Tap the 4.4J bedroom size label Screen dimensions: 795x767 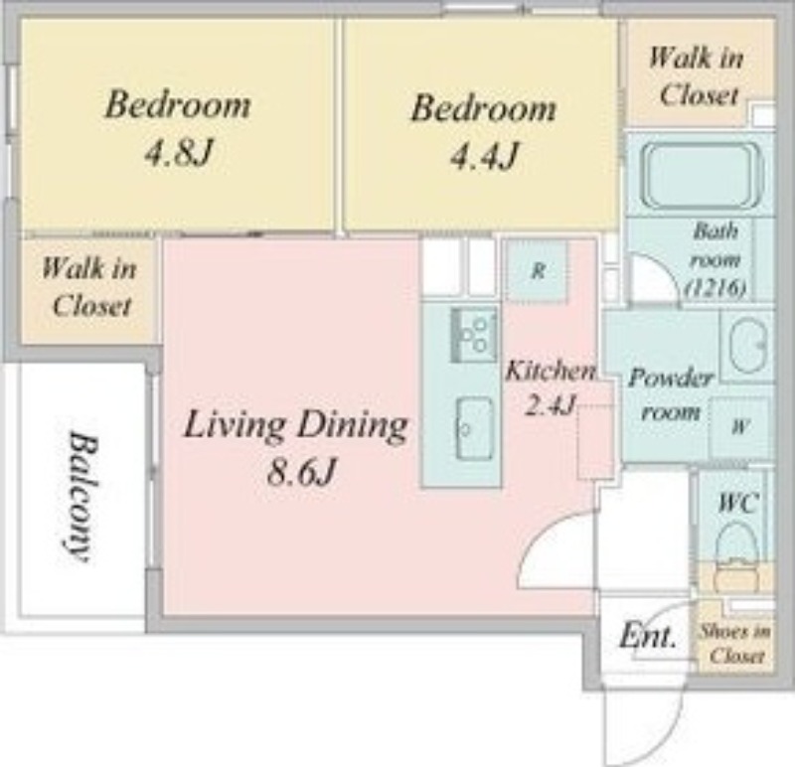(x=484, y=156)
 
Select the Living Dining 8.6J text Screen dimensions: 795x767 (x=295, y=447)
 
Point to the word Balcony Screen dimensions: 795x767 (x=81, y=497)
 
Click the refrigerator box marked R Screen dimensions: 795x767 (x=538, y=270)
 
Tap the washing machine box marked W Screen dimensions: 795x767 (x=739, y=426)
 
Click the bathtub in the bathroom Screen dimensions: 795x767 (x=704, y=176)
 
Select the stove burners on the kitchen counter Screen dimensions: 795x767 (x=474, y=334)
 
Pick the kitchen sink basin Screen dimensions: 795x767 (x=475, y=428)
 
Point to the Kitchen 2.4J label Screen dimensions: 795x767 (x=551, y=386)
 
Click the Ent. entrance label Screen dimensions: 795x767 (x=648, y=635)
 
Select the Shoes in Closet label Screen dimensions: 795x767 (x=735, y=644)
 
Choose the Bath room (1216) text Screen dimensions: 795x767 (x=715, y=259)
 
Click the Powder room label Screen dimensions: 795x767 (x=670, y=394)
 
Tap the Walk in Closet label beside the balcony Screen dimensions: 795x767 (x=89, y=286)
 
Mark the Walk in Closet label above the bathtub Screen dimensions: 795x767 (x=697, y=77)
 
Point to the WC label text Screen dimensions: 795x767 (x=738, y=503)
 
